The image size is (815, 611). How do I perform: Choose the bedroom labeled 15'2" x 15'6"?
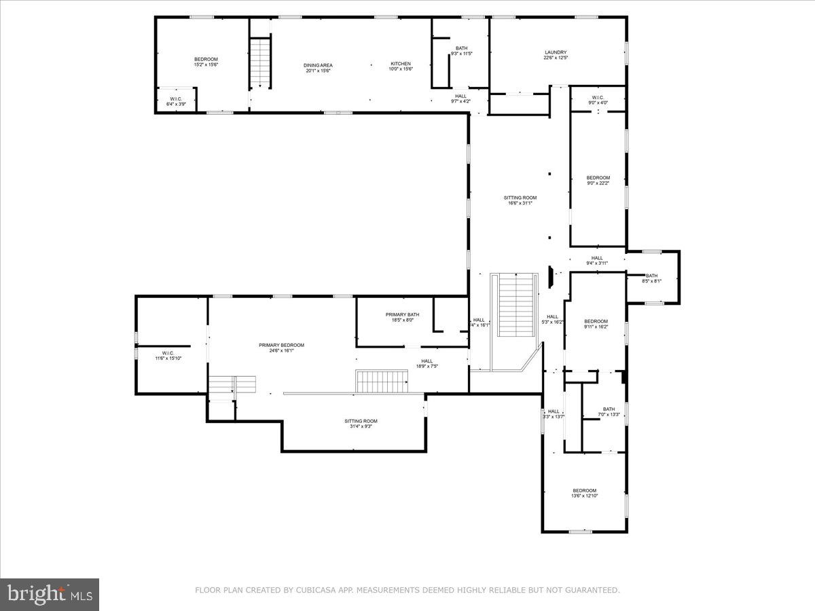(206, 62)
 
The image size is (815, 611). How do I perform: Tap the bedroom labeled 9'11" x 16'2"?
(596, 324)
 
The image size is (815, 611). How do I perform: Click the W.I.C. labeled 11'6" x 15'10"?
(168, 355)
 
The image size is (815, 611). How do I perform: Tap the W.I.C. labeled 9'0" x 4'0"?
(598, 100)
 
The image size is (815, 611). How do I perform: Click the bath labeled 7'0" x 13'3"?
(609, 411)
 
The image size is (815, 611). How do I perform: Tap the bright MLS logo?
(50, 595)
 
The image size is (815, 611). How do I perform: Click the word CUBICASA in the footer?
(316, 591)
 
